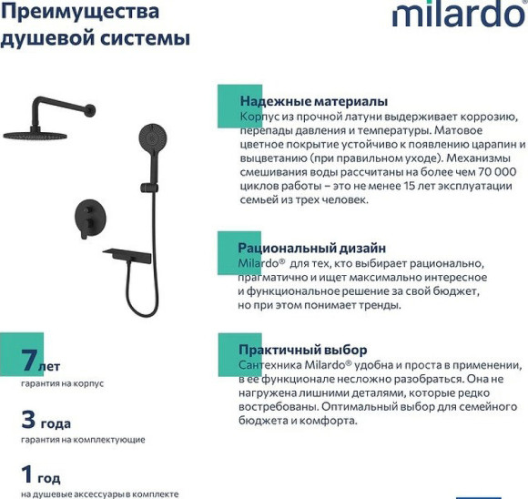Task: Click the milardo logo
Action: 458,15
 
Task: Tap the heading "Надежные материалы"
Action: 313,101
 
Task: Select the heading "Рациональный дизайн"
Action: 311,248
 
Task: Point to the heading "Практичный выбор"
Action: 302,350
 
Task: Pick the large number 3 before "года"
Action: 29,420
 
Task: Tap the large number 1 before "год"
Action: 27,474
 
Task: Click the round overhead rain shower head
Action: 35,134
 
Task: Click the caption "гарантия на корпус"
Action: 62,384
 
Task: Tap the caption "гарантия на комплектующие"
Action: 83,440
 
